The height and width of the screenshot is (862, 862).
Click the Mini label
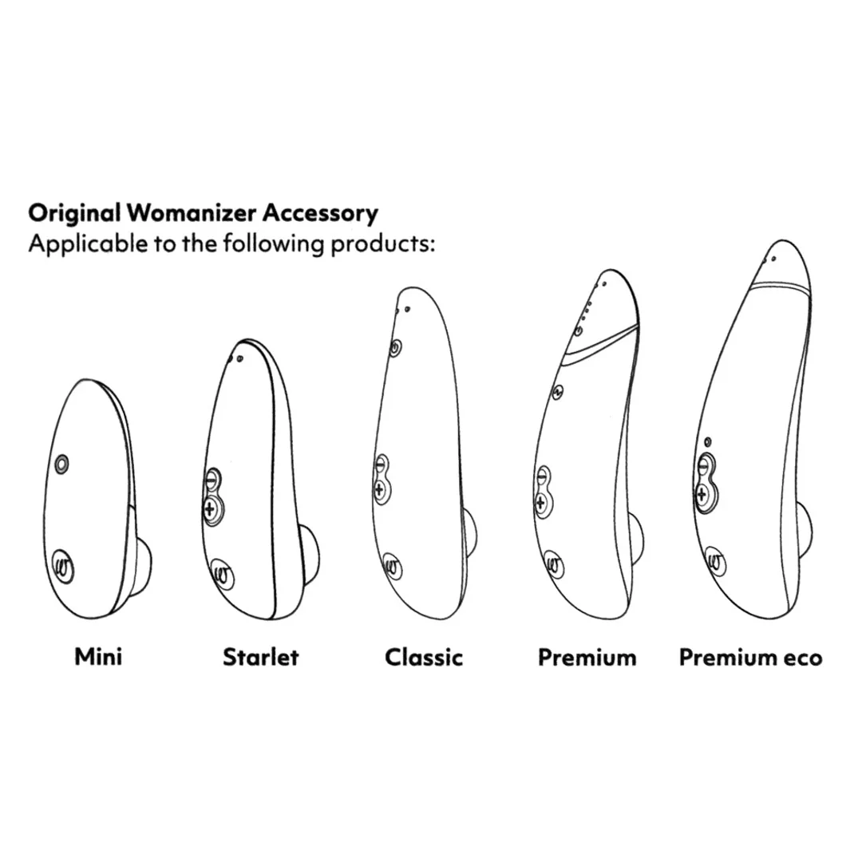98,656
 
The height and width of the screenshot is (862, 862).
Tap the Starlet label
260,656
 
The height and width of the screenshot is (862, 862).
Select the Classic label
423,657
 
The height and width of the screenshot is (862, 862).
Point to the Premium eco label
750,658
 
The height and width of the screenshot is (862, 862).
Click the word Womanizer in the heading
192,213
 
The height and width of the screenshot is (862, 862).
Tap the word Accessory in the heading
320,213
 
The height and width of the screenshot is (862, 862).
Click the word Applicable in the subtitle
88,243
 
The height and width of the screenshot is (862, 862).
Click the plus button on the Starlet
211,509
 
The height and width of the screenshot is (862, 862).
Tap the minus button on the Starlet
212,479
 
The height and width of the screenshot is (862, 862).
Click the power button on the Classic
395,347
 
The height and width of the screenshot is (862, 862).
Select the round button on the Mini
62,464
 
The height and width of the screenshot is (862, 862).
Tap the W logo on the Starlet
223,575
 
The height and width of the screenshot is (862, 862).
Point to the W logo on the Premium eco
714,562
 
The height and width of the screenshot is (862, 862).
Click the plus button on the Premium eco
702,495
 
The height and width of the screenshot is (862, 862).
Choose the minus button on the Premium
543,476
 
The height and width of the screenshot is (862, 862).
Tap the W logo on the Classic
392,566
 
